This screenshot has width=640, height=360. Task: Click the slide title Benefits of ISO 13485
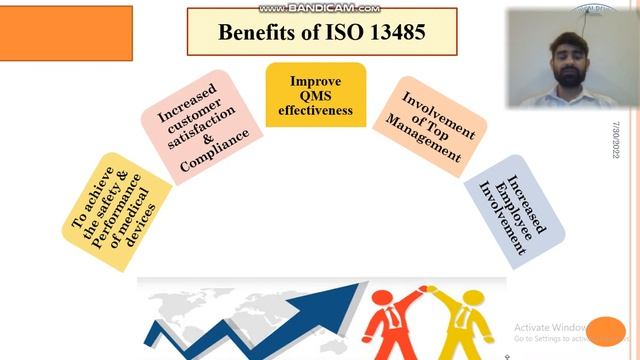click(321, 31)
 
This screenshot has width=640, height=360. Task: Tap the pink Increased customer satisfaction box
click(195, 125)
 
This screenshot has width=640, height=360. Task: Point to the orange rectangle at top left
click(66, 32)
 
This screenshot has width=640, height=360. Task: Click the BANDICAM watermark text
click(320, 6)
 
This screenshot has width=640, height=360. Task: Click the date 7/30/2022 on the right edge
click(618, 141)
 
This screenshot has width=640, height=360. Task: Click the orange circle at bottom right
click(606, 330)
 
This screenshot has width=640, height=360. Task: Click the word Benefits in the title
click(259, 31)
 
